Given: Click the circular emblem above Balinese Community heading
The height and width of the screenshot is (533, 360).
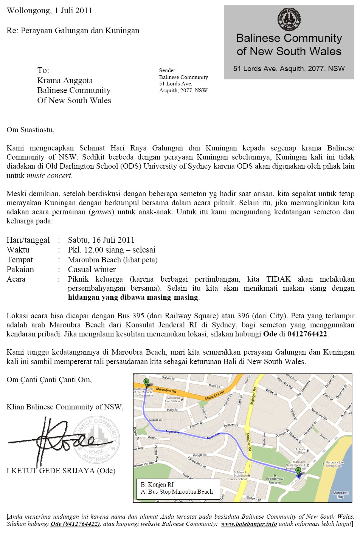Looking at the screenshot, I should tap(289, 19).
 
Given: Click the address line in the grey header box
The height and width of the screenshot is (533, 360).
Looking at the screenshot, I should tap(289, 68).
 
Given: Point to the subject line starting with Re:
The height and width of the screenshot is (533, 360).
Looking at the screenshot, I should tap(73, 31).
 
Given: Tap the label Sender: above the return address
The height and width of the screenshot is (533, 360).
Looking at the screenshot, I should tap(168, 70).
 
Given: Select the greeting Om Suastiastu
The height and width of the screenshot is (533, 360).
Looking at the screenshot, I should tap(31, 130).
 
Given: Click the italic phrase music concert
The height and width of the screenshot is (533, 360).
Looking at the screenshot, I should tap(49, 175).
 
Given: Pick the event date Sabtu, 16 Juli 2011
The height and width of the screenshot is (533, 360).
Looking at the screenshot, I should tap(101, 240).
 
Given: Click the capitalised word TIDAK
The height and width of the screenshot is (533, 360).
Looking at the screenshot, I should tap(278, 279).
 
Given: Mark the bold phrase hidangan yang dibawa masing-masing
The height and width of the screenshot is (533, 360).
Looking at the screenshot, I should tap(133, 297).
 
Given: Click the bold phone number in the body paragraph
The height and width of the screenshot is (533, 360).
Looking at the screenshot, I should tap(307, 334).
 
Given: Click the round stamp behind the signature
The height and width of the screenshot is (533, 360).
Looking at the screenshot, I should tap(97, 440).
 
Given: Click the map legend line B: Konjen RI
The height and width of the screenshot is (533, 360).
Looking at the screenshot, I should tap(157, 485).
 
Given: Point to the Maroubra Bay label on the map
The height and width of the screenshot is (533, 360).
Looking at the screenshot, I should tap(340, 494).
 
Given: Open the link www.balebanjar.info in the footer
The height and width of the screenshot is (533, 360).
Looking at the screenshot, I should tap(249, 524).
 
